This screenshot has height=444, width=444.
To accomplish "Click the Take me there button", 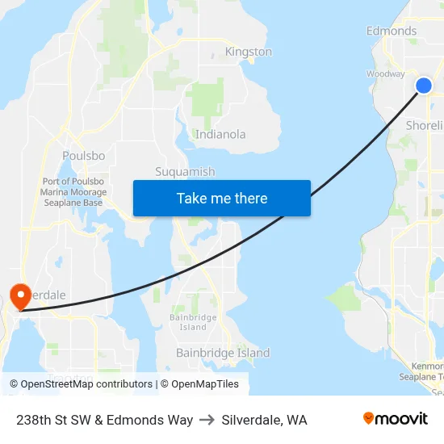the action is [222, 199].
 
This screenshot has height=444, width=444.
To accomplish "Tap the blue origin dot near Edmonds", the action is [424, 86].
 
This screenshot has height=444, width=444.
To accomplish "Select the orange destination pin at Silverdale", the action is [17, 296].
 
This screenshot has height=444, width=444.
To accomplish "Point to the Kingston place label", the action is [248, 52].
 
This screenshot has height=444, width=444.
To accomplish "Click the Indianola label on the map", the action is [220, 134].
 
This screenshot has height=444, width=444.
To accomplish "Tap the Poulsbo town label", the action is [83, 156].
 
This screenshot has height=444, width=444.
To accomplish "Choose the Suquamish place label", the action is [185, 172].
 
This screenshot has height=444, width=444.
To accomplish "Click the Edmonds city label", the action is [392, 31].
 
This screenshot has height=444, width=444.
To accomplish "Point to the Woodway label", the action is [385, 73].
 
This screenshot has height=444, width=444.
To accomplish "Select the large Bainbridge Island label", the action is [223, 353].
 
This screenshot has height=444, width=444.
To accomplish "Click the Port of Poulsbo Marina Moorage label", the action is [73, 192].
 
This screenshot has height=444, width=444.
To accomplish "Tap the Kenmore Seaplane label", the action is [423, 371].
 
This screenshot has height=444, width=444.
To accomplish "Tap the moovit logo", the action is [395, 419].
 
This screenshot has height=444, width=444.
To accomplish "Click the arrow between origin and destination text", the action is [207, 420].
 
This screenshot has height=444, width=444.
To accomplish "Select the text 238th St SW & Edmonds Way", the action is [104, 420].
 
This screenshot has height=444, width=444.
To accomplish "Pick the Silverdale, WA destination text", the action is [264, 420].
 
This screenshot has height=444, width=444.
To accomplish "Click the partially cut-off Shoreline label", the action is [424, 125].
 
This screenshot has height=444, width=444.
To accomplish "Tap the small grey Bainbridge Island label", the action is [193, 322].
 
